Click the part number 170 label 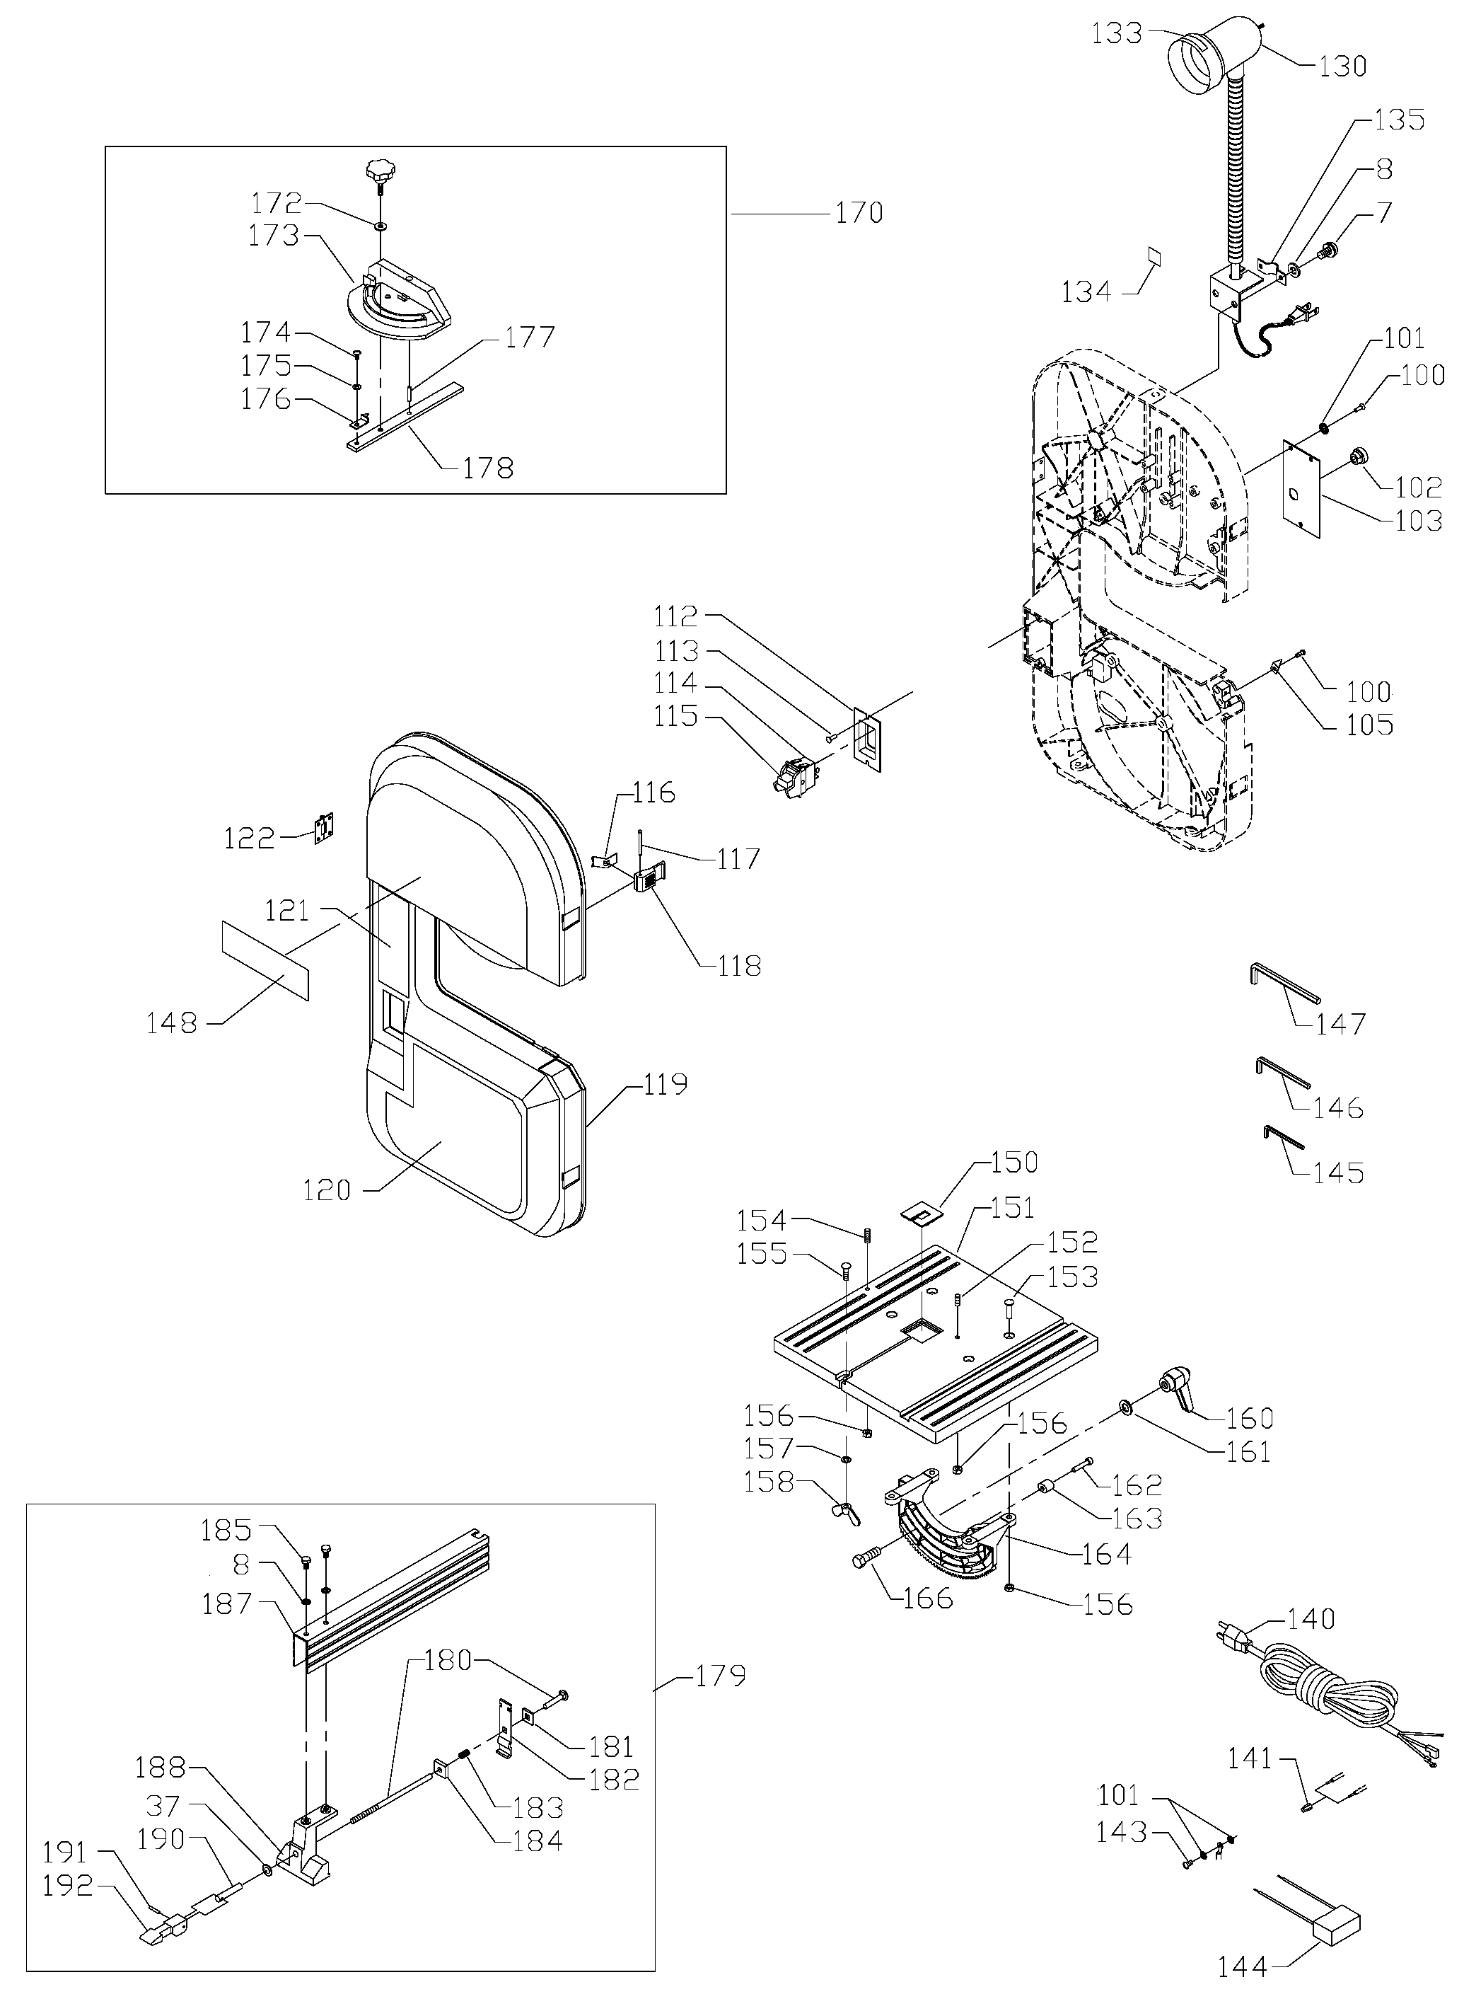pos(859,213)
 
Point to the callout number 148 pos(171,1023)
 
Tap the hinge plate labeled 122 pos(327,826)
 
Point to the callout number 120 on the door pos(327,1189)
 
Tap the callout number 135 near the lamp pos(1400,119)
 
